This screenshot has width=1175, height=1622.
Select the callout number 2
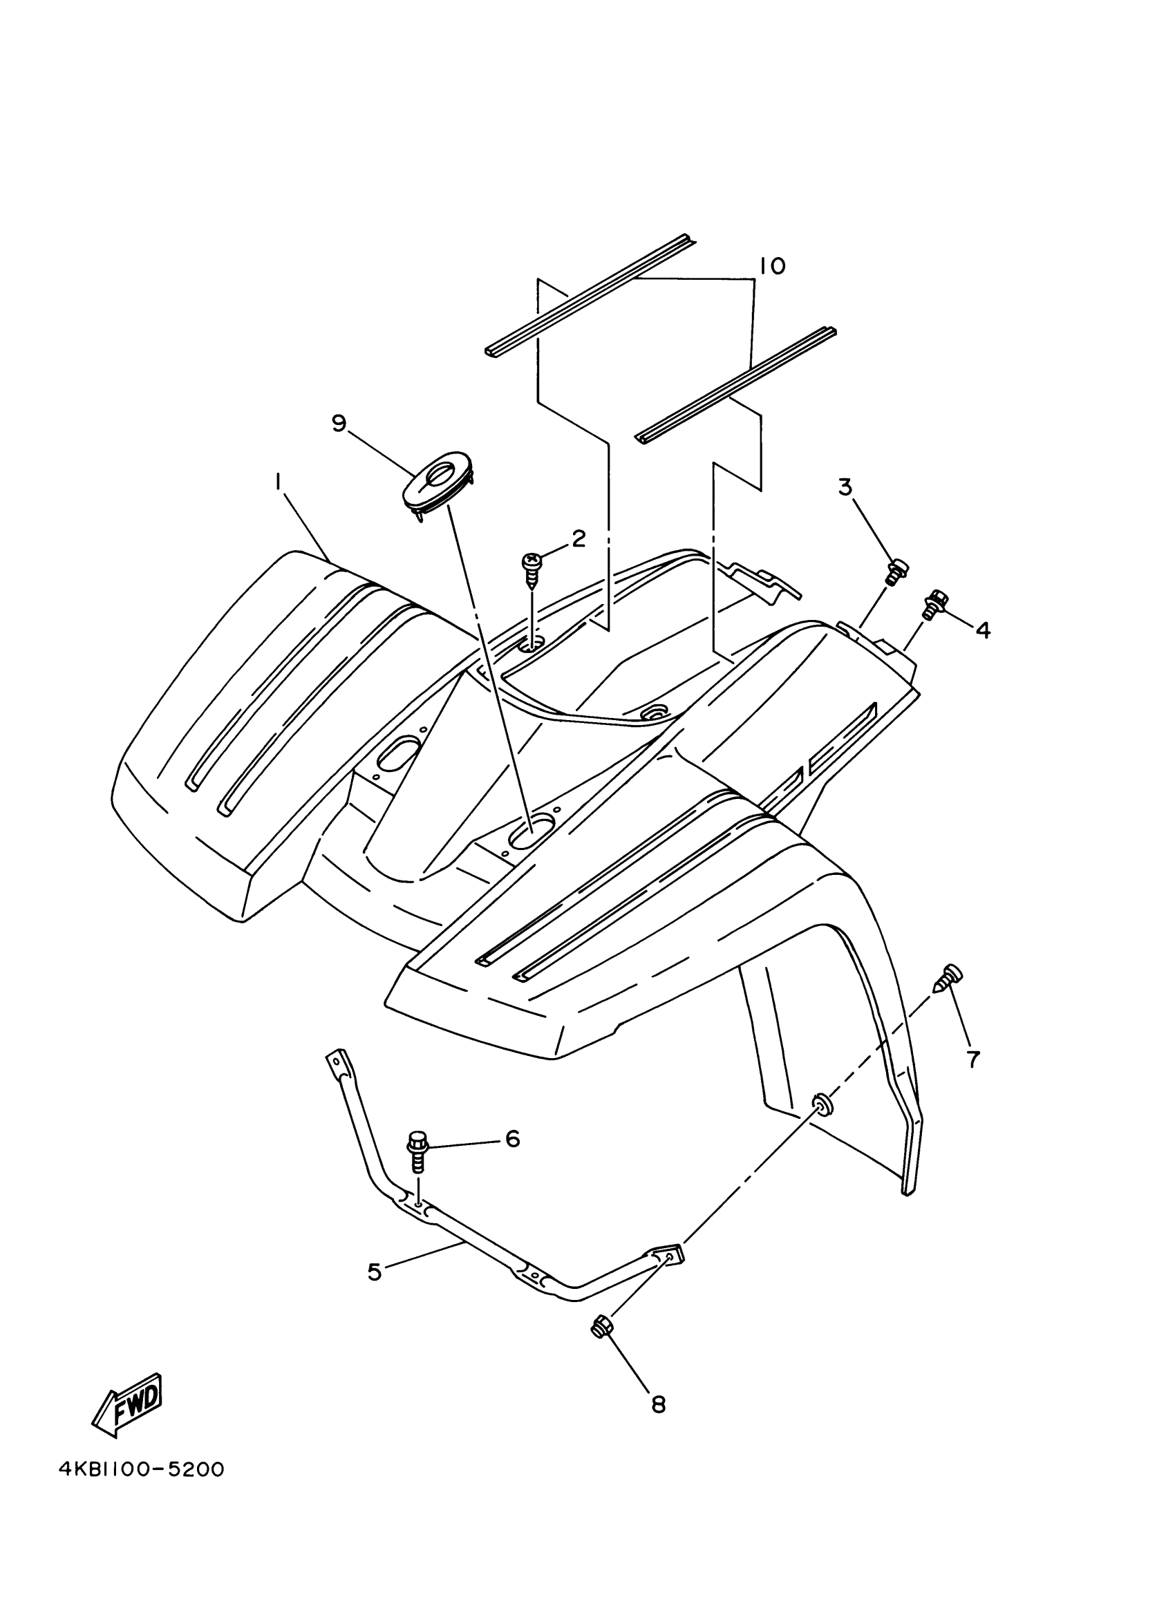578,538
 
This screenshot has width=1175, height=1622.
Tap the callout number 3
845,488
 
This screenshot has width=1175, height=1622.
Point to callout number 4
983,630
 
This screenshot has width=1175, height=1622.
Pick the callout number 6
512,1138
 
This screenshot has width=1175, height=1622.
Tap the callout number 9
339,424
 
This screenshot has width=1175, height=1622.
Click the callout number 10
772,266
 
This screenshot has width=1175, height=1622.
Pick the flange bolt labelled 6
417,1151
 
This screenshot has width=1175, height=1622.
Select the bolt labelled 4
934,603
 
